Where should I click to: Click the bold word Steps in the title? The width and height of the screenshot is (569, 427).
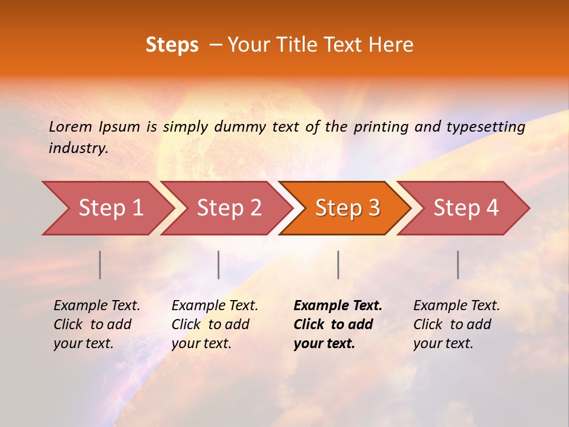pyautogui.click(x=172, y=45)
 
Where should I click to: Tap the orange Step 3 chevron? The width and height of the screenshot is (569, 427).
pyautogui.click(x=347, y=208)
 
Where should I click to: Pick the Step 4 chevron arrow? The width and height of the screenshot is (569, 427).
pyautogui.click(x=466, y=208)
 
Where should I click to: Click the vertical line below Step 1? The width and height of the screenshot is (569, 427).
pyautogui.click(x=100, y=265)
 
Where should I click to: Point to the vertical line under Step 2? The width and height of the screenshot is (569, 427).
pyautogui.click(x=219, y=265)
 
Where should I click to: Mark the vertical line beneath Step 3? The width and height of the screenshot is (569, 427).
pyautogui.click(x=338, y=265)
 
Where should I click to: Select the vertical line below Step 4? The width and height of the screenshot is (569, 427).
pyautogui.click(x=458, y=265)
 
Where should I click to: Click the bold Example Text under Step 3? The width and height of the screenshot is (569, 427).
pyautogui.click(x=338, y=324)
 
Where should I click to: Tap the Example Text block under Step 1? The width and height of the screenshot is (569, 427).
pyautogui.click(x=97, y=324)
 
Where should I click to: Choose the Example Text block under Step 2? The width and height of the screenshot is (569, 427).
pyautogui.click(x=215, y=324)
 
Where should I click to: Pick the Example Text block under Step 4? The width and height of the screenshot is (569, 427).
pyautogui.click(x=456, y=324)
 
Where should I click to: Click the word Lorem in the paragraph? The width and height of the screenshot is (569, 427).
pyautogui.click(x=71, y=126)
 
